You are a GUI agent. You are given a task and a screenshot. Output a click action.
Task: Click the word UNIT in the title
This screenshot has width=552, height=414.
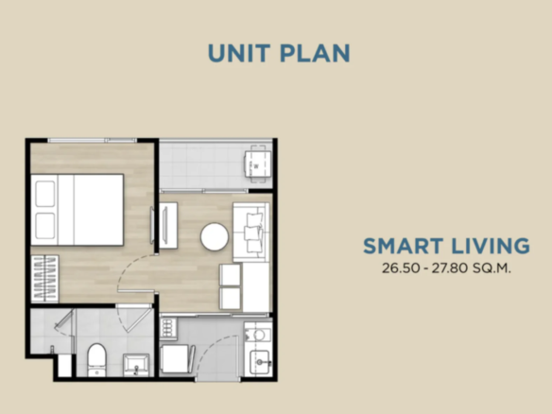click(239, 54)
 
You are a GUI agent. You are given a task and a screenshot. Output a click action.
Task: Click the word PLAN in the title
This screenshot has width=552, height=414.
click(315, 54)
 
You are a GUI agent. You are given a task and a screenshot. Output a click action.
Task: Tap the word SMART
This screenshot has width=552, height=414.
click(403, 246)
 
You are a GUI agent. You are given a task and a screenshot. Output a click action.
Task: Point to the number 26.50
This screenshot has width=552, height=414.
click(401, 268)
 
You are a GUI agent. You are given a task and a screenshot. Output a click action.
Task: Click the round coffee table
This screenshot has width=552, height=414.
click(214, 236)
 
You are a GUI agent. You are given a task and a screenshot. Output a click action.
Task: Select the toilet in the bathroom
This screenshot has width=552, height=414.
click(96, 359)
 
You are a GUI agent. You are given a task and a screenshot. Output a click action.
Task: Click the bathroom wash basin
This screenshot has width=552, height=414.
click(136, 364)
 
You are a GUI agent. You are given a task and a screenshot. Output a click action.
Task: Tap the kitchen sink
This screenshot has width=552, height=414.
click(260, 362)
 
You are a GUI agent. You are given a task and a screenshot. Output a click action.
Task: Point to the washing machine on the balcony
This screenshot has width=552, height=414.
click(258, 165)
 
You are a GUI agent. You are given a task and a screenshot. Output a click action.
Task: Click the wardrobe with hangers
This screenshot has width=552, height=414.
click(44, 279)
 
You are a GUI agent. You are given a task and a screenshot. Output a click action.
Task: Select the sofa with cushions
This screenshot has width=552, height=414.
click(251, 232)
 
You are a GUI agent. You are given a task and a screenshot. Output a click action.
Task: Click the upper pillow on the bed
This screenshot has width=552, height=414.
click(45, 194)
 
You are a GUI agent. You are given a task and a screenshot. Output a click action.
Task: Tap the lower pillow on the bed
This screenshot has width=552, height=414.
click(45, 226)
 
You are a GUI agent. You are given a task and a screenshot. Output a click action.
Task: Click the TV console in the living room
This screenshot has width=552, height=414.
click(168, 225)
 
